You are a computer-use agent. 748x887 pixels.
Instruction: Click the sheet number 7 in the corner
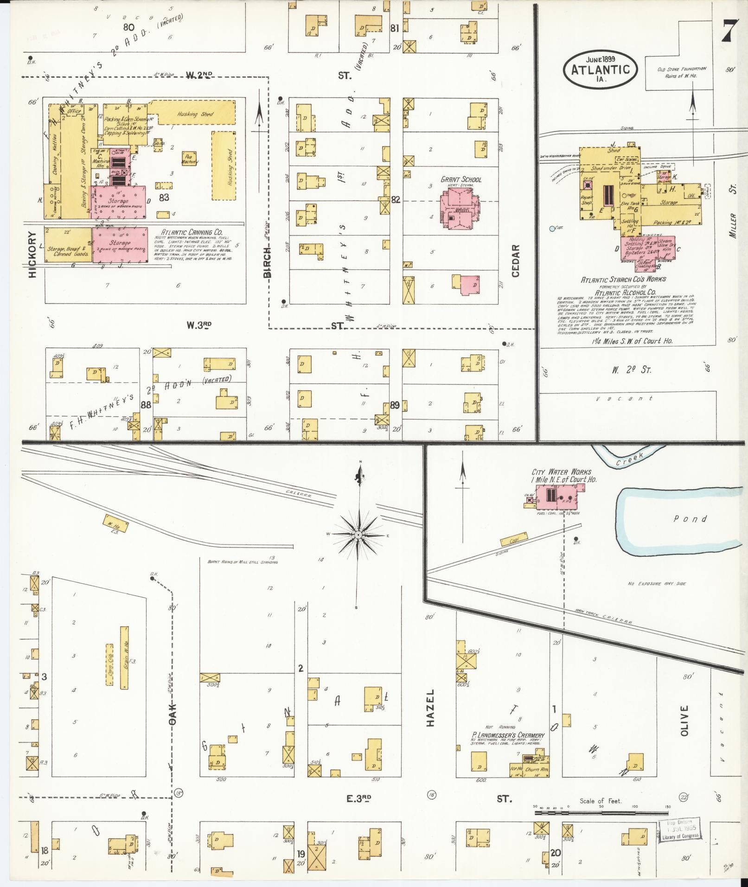(729, 32)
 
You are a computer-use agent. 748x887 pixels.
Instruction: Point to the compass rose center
(358, 535)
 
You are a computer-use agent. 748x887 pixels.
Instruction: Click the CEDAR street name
(516, 261)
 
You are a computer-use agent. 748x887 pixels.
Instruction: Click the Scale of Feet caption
(601, 801)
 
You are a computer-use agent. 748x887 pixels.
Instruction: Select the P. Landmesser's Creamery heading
(508, 735)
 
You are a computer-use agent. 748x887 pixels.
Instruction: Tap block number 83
(163, 198)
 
